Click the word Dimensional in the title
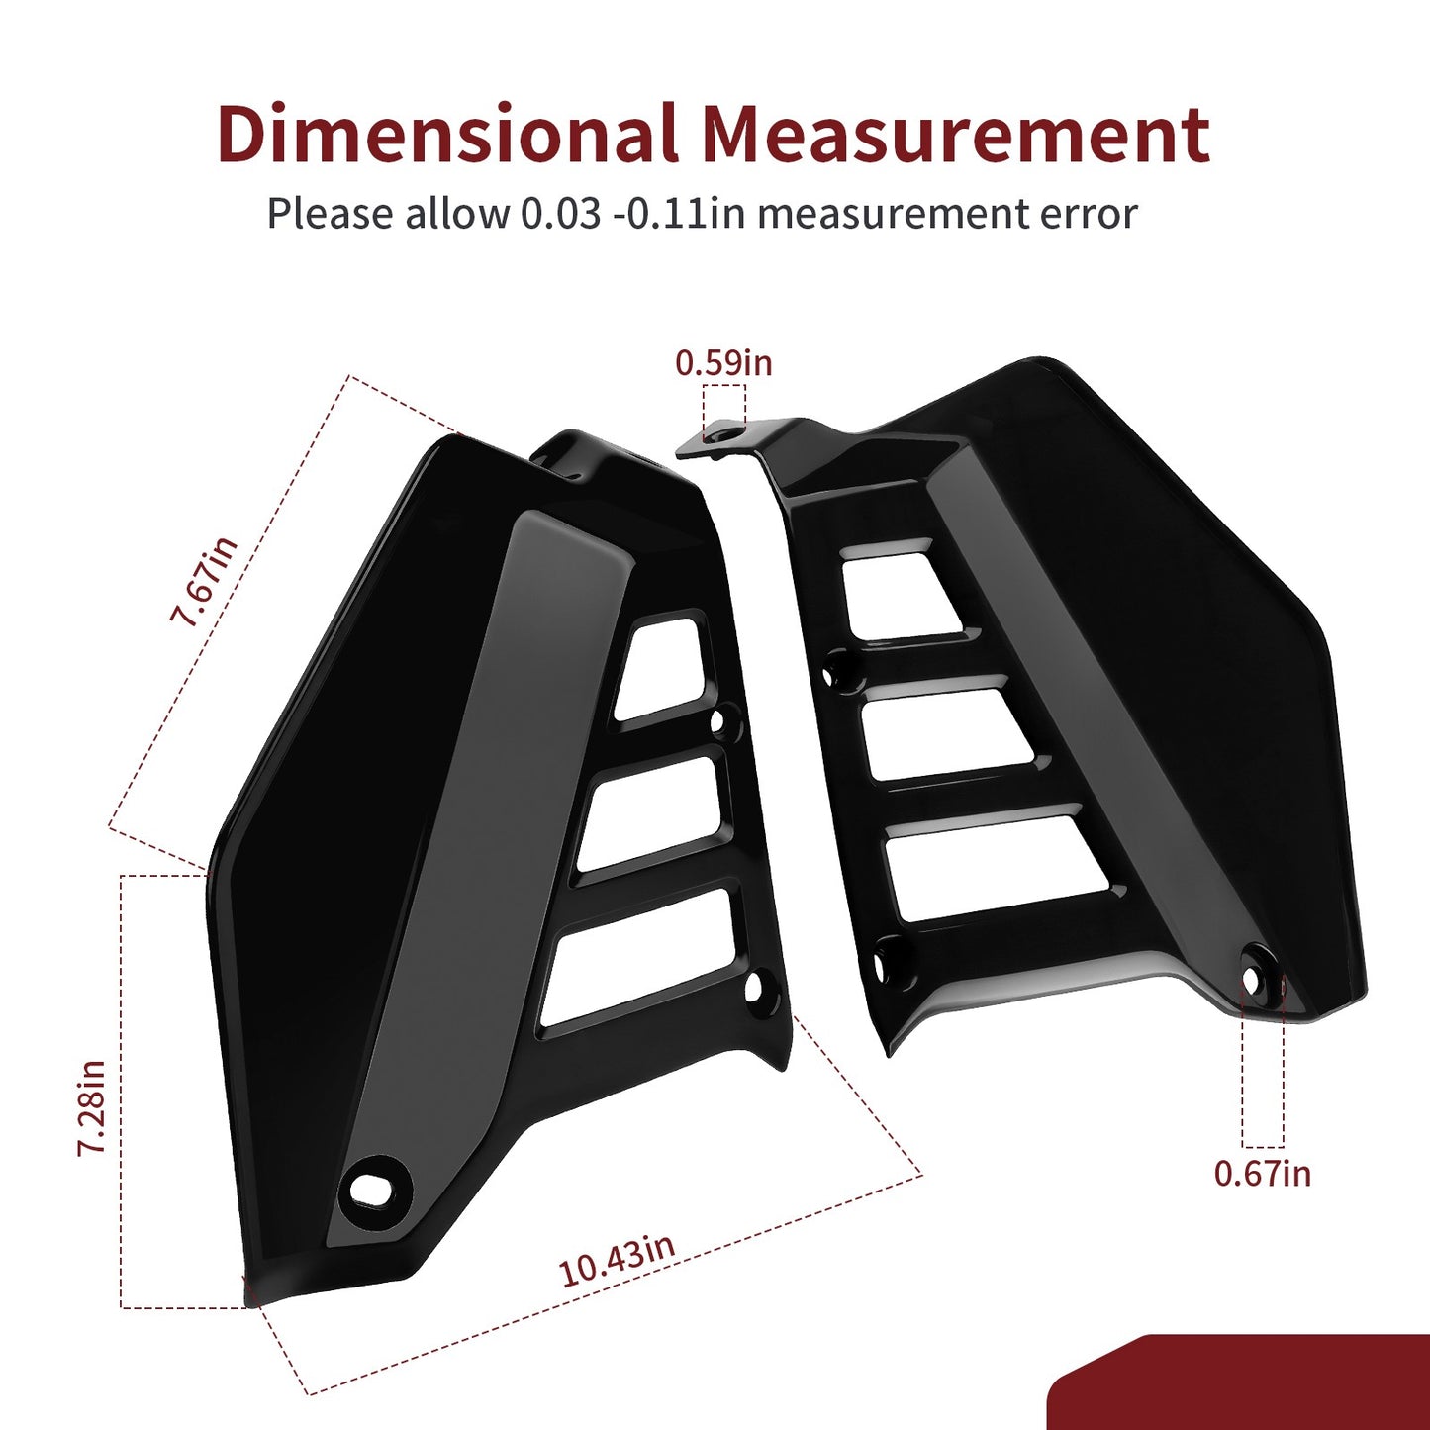pos(448,134)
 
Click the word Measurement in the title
pos(957,134)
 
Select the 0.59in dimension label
pos(723,363)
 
